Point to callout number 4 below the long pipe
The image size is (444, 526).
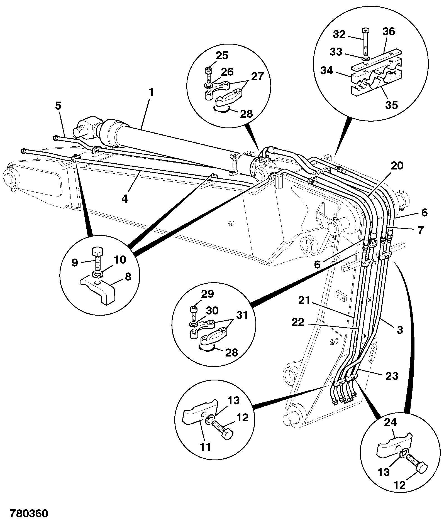click(x=125, y=198)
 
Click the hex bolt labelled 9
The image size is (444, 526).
click(x=97, y=259)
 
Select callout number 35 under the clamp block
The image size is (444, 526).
click(x=391, y=105)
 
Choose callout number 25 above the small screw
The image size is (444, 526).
click(x=222, y=55)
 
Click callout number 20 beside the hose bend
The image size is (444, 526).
click(x=397, y=166)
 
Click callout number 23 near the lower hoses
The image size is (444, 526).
click(x=392, y=376)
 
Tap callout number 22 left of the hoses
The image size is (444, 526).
click(x=298, y=322)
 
